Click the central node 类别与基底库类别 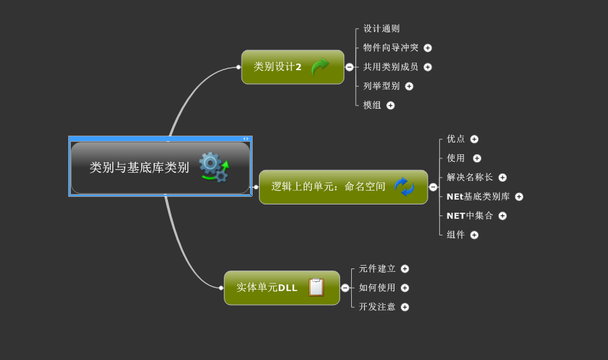tap(140, 167)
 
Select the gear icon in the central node tap(213, 167)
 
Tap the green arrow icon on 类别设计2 tap(320, 67)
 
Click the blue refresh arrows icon tap(404, 187)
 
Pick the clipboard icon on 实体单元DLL tap(316, 287)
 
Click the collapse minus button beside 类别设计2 tap(350, 67)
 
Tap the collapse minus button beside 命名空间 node tap(433, 187)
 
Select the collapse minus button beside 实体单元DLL tap(345, 288)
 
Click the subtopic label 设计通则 tap(381, 29)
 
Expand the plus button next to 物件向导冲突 tap(428, 48)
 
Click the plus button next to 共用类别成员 tap(428, 67)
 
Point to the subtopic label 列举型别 tap(381, 86)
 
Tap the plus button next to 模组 tap(390, 105)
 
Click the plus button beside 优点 tap(474, 139)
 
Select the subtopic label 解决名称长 tap(470, 178)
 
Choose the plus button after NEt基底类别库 tap(519, 197)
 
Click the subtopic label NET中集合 tap(470, 215)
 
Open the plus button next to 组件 tap(474, 235)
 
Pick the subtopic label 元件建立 tap(377, 268)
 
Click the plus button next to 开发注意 tap(405, 307)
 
